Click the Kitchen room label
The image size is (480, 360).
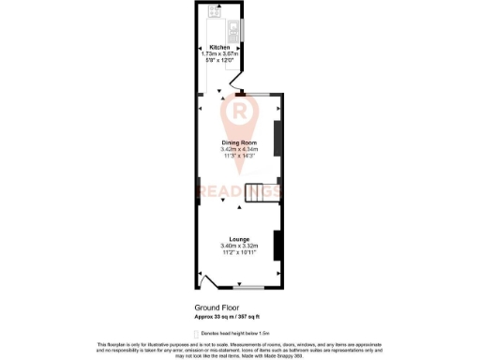tap(219, 47)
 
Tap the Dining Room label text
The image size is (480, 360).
tap(239, 142)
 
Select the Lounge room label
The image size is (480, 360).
tap(239, 240)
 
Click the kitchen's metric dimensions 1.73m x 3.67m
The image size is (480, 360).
tap(219, 53)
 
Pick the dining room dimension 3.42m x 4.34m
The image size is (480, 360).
tap(239, 149)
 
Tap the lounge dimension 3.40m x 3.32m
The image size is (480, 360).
tap(239, 247)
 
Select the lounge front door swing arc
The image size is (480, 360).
tap(208, 279)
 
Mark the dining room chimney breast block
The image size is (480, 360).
tap(277, 137)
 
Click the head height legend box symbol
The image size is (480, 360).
tap(197, 332)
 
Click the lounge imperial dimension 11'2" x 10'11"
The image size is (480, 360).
tap(239, 253)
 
